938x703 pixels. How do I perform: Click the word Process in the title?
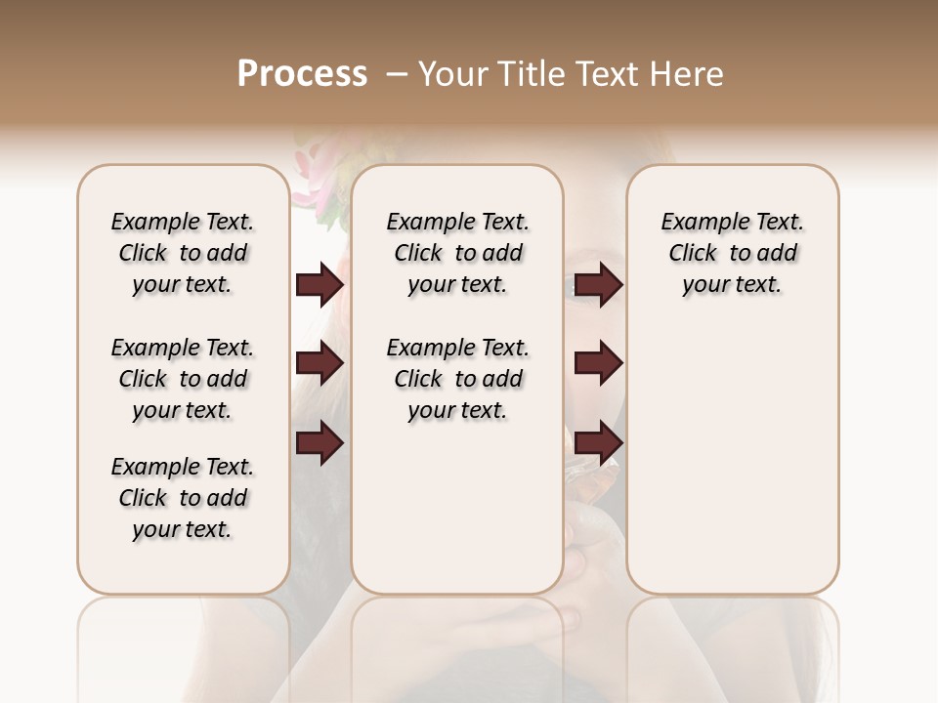pyautogui.click(x=302, y=74)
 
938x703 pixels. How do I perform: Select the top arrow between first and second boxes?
pyautogui.click(x=320, y=285)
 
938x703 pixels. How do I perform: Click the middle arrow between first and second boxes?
pyautogui.click(x=320, y=364)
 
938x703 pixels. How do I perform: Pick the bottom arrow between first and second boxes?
pyautogui.click(x=320, y=443)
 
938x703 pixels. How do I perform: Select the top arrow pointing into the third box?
pyautogui.click(x=598, y=285)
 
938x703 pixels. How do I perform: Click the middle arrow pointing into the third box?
pyautogui.click(x=598, y=364)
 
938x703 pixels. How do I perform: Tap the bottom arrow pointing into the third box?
pyautogui.click(x=598, y=443)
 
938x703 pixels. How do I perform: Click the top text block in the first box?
pyautogui.click(x=183, y=253)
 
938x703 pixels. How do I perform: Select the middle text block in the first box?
pyautogui.click(x=183, y=379)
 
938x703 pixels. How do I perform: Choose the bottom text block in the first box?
pyautogui.click(x=183, y=498)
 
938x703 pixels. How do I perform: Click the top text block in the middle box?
pyautogui.click(x=457, y=253)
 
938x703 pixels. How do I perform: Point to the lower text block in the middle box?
pyautogui.click(x=457, y=379)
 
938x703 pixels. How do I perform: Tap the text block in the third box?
pyautogui.click(x=732, y=253)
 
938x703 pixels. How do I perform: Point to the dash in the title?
pyautogui.click(x=396, y=74)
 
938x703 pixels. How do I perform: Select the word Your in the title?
pyautogui.click(x=454, y=74)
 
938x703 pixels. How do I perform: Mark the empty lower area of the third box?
pyautogui.click(x=732, y=459)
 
